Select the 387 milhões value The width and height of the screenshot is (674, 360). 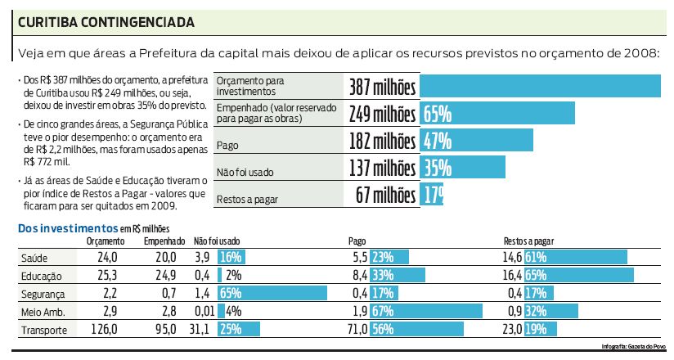[x=382, y=87]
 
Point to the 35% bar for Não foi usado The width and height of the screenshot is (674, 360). [x=462, y=168]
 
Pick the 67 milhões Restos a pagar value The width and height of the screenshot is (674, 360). [x=386, y=195]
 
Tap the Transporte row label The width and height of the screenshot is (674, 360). [x=46, y=330]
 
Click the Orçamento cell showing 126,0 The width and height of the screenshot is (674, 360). [x=107, y=330]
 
